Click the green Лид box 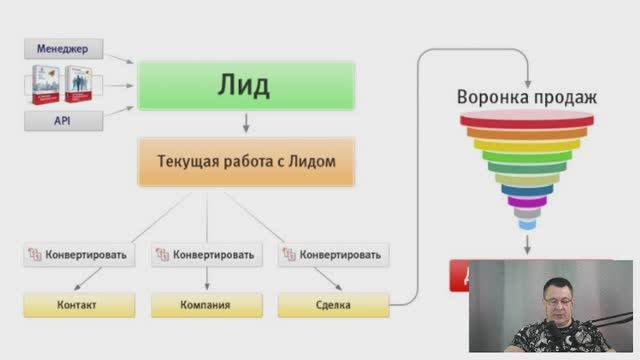click(x=245, y=86)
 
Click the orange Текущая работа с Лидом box click(x=245, y=161)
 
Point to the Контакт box click(x=77, y=304)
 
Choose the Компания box click(x=207, y=304)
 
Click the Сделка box click(x=334, y=304)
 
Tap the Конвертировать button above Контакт click(x=77, y=254)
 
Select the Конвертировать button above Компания click(x=207, y=254)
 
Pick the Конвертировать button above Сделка click(x=334, y=254)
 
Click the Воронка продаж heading click(x=527, y=98)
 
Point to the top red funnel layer click(x=527, y=120)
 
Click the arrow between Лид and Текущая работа click(x=245, y=124)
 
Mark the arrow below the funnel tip click(x=527, y=242)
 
